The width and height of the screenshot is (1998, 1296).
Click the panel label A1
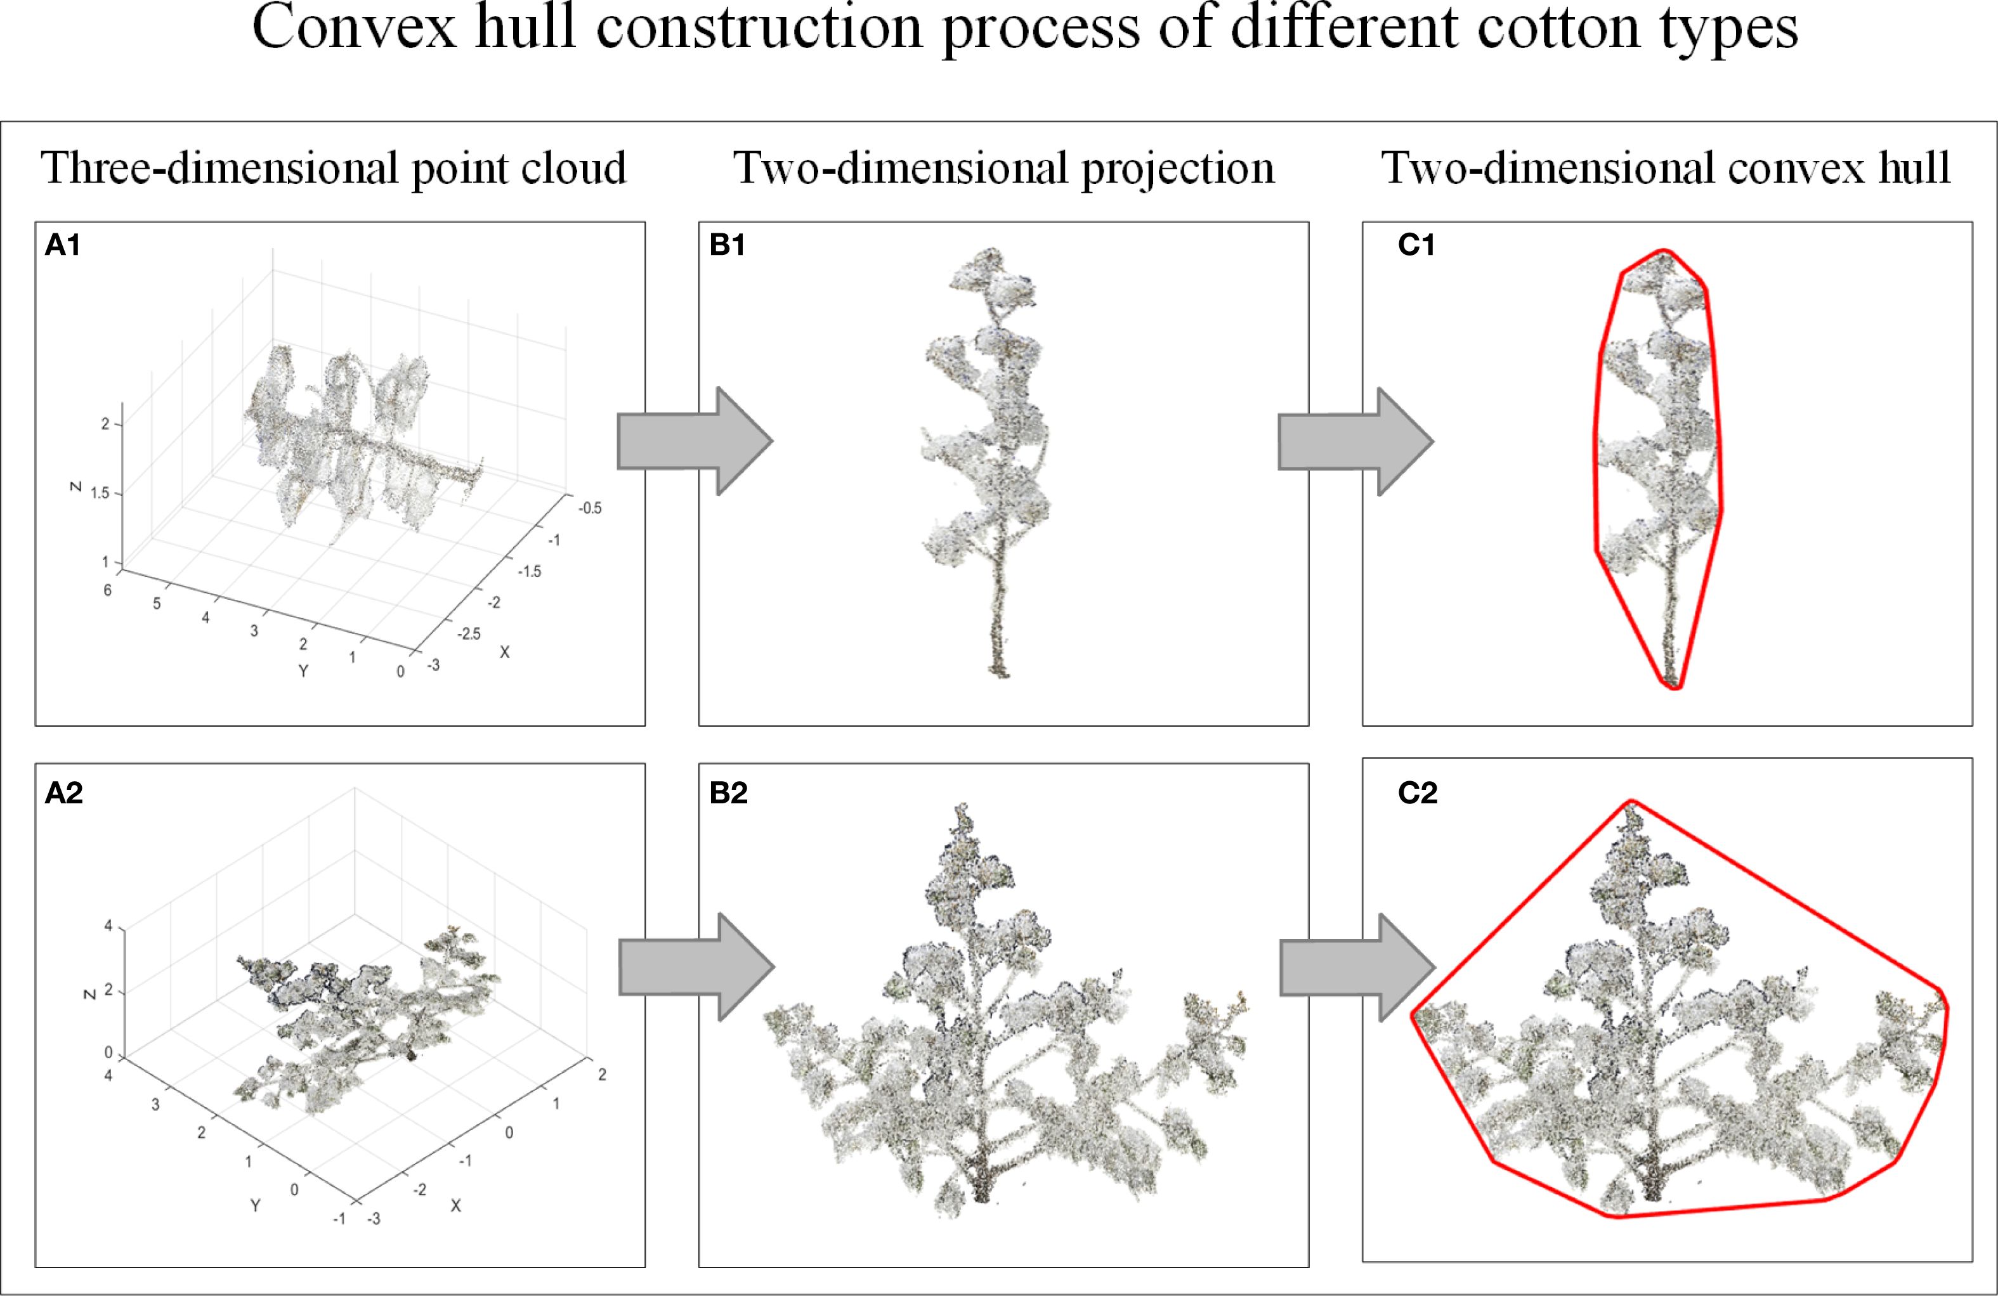[x=63, y=245]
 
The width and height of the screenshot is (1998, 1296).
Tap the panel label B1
[x=727, y=245]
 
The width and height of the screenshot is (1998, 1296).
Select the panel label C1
[x=1416, y=245]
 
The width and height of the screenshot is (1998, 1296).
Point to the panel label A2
[x=64, y=793]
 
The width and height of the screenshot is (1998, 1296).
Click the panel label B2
[x=728, y=793]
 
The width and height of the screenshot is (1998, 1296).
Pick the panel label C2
[x=1417, y=793]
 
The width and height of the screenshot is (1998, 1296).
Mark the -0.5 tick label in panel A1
[x=589, y=508]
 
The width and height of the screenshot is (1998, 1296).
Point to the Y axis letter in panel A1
[x=303, y=671]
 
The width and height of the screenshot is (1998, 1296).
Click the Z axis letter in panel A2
[x=88, y=994]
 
